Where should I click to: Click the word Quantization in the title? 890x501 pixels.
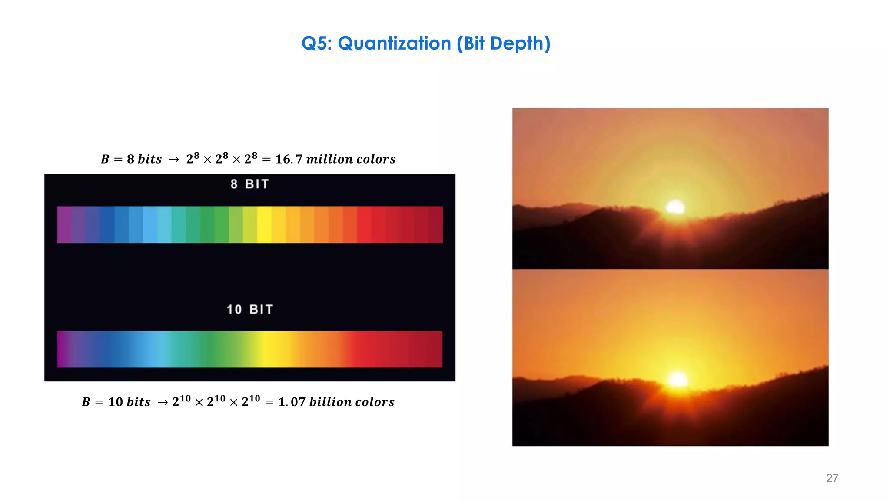tap(394, 43)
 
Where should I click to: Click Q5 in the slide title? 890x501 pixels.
tap(316, 43)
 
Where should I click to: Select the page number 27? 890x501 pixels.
tap(832, 478)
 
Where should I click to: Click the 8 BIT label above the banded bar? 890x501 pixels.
tap(250, 184)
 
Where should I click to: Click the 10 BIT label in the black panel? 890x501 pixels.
tap(250, 309)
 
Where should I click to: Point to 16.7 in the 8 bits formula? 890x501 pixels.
tap(289, 159)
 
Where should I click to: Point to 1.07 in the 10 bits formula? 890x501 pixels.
tap(292, 402)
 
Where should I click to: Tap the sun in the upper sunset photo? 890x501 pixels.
tap(675, 207)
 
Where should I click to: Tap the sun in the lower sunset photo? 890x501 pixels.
tap(677, 379)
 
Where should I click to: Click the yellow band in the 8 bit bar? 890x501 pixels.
tap(264, 224)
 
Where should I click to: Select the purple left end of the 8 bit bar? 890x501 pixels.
tap(64, 224)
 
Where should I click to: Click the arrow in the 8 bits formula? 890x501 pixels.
tap(174, 160)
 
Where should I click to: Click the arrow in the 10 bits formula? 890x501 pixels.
tap(163, 403)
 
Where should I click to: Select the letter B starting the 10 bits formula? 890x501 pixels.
tap(86, 402)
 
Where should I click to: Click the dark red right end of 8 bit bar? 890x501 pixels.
tap(435, 224)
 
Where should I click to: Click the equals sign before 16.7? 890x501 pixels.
tap(266, 160)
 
